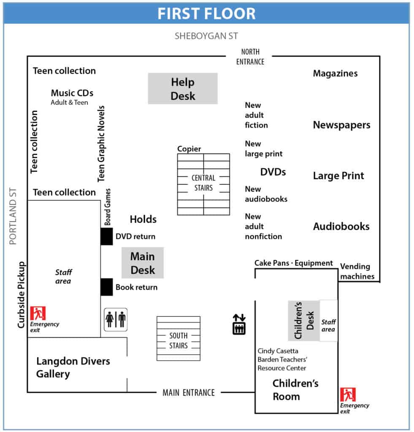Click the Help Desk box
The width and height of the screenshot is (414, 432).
[x=183, y=89]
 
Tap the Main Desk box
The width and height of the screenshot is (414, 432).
[x=143, y=263]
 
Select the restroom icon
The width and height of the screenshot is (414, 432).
[x=116, y=320]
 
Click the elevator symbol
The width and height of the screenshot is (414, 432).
[x=239, y=324]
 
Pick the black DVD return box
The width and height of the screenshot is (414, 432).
[x=107, y=236]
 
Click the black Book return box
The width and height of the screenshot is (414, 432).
[x=107, y=287]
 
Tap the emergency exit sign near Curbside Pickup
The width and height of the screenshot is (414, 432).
[x=38, y=313]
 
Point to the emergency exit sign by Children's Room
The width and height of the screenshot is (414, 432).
[x=348, y=394]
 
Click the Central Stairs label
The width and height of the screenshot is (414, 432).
[x=203, y=183]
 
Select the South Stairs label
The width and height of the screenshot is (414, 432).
[x=179, y=340]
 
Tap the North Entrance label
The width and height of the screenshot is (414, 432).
[x=250, y=57]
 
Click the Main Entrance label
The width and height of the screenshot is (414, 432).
[x=189, y=392]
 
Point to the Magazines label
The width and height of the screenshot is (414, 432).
[x=335, y=73]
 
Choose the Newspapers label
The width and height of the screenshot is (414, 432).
[x=341, y=125]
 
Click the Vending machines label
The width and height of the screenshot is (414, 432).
[x=357, y=271]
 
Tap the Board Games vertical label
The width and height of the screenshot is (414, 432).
[x=108, y=207]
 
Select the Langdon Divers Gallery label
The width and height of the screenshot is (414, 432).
[x=73, y=367]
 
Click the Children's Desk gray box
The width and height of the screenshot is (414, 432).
[x=304, y=321]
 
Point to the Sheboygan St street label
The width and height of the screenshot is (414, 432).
[x=206, y=36]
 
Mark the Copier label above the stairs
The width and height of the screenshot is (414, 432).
[x=189, y=149]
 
